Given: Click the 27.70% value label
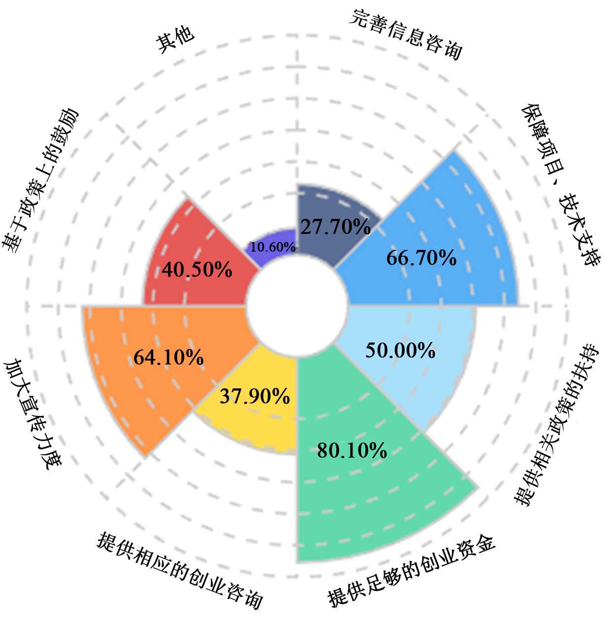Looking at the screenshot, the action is point(335,227).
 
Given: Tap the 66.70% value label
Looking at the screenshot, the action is point(421,258).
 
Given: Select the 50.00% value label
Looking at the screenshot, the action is point(400,350).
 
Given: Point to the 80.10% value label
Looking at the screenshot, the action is point(352,450).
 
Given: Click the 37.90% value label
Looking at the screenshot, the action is point(254,396).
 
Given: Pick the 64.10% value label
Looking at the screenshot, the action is point(169,357).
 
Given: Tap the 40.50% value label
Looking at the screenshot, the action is point(197,270).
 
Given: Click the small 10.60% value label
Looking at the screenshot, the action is point(273,247).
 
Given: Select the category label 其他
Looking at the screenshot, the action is point(175,38).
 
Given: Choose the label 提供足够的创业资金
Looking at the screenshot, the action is point(412,571).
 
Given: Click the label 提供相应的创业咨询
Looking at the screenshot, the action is point(180,569).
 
